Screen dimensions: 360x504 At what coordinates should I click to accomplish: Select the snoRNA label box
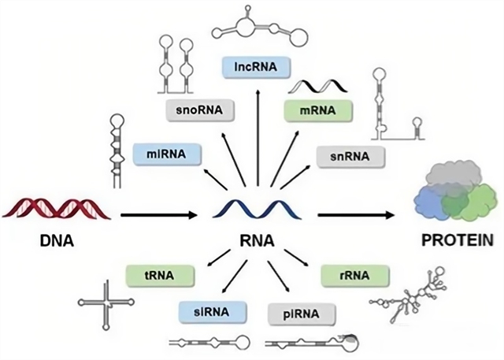[199, 112]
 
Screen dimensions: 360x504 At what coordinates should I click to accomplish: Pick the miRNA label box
[165, 153]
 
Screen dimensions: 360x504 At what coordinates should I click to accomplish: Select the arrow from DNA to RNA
[157, 213]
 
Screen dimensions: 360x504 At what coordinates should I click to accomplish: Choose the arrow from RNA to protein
[354, 213]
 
